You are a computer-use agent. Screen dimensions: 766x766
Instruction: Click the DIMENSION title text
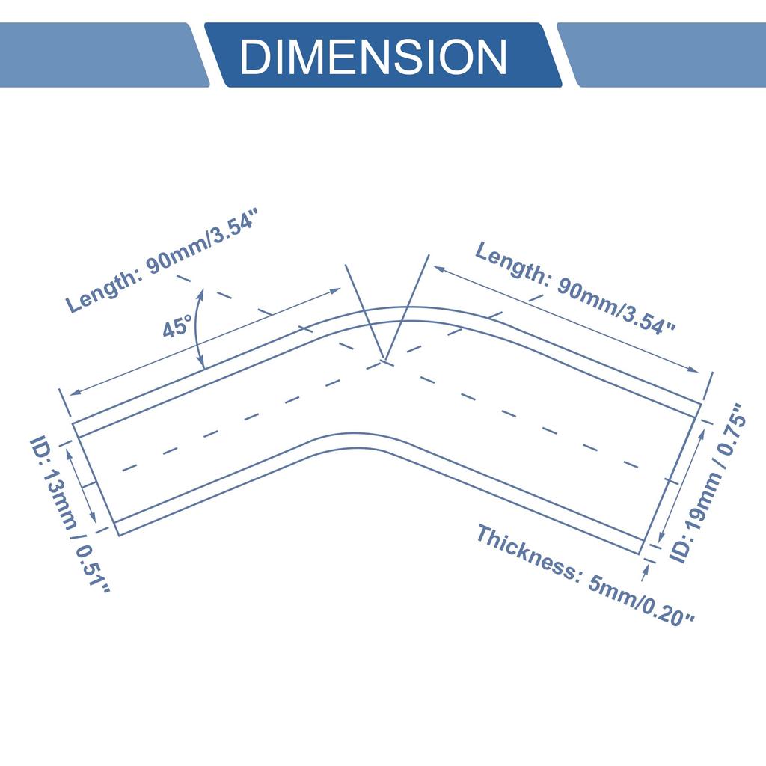[x=374, y=57]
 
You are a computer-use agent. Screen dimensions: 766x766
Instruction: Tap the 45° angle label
[x=178, y=326]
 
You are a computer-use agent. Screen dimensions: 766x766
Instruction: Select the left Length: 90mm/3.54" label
[x=162, y=260]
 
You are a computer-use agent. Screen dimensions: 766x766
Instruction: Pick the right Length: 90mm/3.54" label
[x=575, y=288]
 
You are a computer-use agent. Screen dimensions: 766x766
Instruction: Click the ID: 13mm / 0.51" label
[x=70, y=515]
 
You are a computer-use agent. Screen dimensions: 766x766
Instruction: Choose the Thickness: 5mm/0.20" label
[x=585, y=575]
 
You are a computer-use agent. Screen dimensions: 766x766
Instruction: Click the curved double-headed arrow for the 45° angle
[x=197, y=328]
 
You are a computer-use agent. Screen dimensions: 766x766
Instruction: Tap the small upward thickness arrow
[x=646, y=572]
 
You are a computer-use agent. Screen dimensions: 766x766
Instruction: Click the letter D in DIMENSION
[x=256, y=57]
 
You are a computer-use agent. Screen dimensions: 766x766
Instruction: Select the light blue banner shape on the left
[x=104, y=55]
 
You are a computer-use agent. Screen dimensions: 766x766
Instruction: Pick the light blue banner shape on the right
[x=662, y=55]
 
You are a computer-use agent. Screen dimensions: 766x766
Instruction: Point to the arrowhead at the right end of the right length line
[x=693, y=370]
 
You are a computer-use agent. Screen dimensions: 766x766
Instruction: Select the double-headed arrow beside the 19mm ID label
[x=682, y=484]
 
